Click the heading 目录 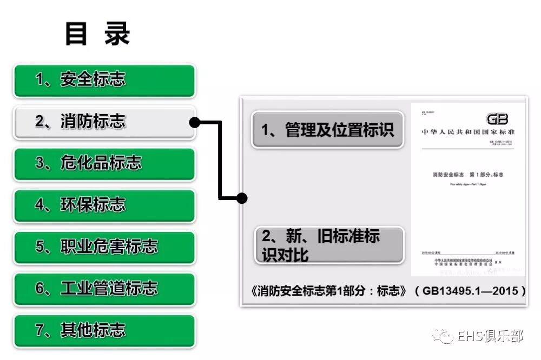[x=97, y=34]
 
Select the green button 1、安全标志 [x=104, y=80]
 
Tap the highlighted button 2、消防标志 [x=104, y=122]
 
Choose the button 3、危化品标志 [x=104, y=163]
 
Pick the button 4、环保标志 [x=104, y=205]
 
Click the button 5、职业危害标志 [x=104, y=246]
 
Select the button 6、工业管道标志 [x=104, y=288]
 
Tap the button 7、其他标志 [x=104, y=330]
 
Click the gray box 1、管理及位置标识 [x=328, y=130]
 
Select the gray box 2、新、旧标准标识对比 [x=328, y=245]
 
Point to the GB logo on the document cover [x=497, y=119]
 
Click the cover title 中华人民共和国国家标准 [x=468, y=132]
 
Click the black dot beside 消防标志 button [x=195, y=122]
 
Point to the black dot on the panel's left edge [x=242, y=198]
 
